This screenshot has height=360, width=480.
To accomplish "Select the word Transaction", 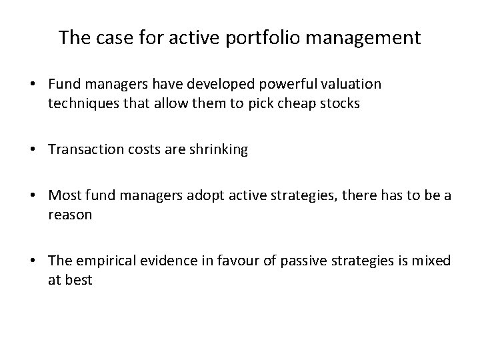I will click(x=81, y=150).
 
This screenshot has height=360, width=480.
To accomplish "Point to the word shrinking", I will click(x=218, y=150).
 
